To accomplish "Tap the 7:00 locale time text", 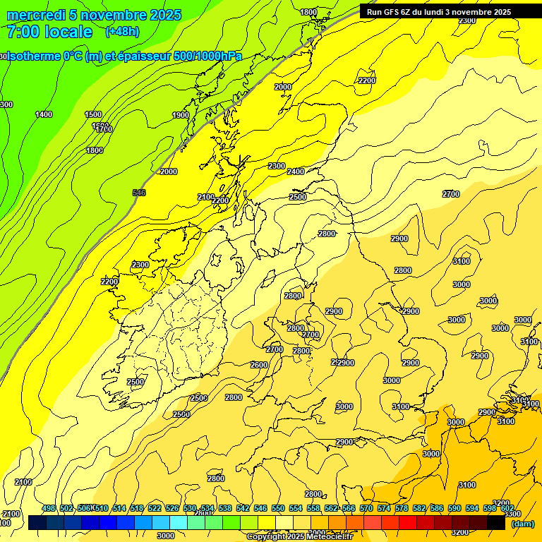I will (49, 32).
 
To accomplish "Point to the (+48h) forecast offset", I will (121, 32).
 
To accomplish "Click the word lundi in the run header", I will (447, 12).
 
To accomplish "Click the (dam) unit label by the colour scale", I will (522, 524).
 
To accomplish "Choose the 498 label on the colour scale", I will (49, 509).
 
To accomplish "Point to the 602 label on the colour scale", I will (507, 509).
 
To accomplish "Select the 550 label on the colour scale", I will (278, 509).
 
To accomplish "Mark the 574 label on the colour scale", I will (384, 509).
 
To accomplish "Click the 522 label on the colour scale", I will (155, 509).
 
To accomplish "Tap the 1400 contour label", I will (44, 114).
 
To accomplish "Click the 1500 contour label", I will (93, 114).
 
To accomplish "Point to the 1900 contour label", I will (181, 115).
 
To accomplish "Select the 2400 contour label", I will (296, 171).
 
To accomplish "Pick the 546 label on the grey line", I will (139, 193).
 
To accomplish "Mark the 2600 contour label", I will (259, 365).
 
